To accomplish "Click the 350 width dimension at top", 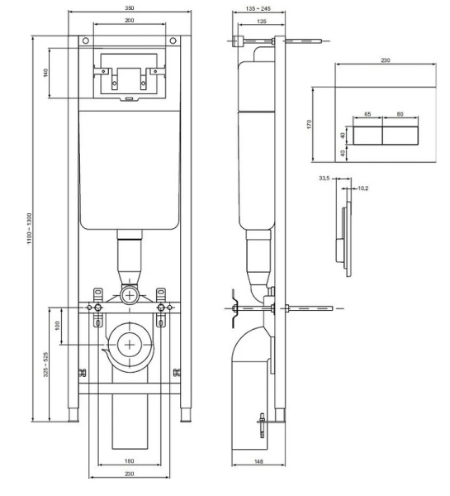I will tap(130, 7).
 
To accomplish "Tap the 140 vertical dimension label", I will tap(45, 74).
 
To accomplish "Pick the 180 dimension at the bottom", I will tap(129, 461).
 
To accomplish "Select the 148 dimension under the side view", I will tap(259, 461).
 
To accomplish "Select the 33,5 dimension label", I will tap(324, 177).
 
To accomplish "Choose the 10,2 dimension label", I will tap(361, 188).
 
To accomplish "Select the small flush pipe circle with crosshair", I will tap(129, 293).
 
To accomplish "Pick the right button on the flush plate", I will tap(400, 134).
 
